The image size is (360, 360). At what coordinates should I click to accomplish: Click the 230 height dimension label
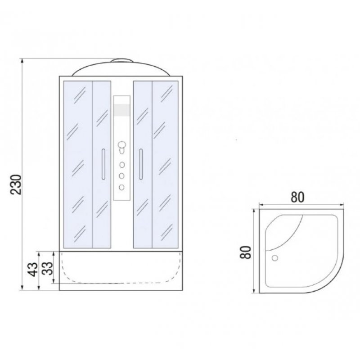pos(16,184)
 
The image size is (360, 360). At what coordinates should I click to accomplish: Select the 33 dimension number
pos(48,268)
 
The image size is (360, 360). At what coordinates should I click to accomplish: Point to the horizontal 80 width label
pos(297,197)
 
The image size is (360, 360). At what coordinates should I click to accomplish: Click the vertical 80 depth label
pos(245,252)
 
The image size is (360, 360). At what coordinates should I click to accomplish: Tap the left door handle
pos(103,164)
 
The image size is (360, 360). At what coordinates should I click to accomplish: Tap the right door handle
pos(141,164)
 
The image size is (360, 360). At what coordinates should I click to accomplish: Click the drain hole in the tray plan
pos(274,258)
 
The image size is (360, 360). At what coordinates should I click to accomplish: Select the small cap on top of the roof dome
pos(122,61)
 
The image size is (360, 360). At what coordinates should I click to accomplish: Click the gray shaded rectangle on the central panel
pos(122,110)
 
